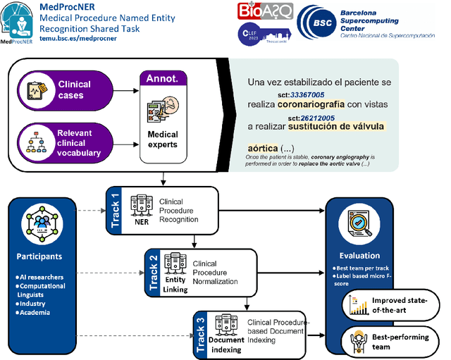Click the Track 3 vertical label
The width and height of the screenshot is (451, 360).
point(202,330)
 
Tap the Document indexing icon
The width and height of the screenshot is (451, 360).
point(225,325)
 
